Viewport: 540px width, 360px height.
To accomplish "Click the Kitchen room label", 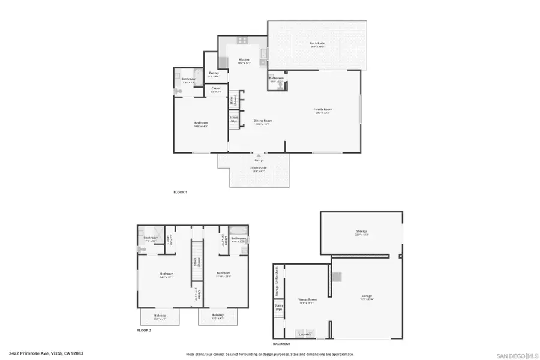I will tap(244, 59).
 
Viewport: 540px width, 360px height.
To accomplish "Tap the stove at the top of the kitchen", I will tap(242, 41).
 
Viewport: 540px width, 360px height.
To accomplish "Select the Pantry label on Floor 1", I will tap(214, 73).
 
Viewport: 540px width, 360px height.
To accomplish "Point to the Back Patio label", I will tap(317, 43).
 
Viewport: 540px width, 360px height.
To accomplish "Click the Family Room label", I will tap(323, 109).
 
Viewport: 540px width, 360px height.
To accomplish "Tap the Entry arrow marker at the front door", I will tap(259, 155).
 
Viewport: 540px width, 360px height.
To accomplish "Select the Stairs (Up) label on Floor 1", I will tap(233, 119).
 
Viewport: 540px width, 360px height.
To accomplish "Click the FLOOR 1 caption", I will tap(181, 192).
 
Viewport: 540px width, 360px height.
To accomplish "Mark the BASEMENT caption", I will tap(281, 344).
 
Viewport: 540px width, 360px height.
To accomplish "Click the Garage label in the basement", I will tap(367, 296).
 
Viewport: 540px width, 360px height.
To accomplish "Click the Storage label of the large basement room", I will tap(362, 231).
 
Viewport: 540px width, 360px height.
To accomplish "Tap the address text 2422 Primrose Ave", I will tap(46, 353).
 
